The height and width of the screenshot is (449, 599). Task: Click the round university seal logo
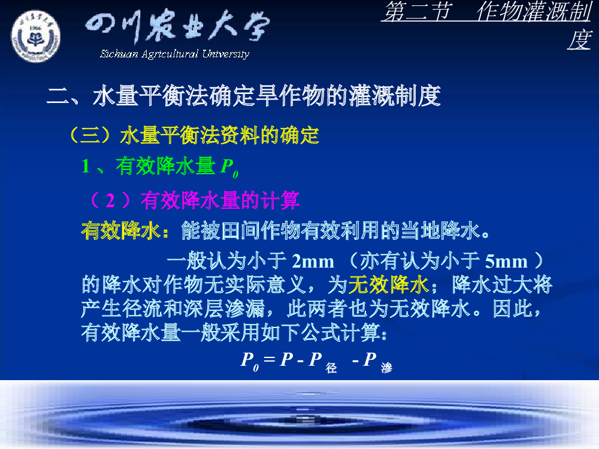[x=35, y=37]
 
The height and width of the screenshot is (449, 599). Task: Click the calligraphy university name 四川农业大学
[x=177, y=26]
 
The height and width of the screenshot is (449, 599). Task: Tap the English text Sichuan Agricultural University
[x=174, y=54]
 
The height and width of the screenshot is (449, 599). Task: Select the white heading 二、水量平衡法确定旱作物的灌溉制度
[x=244, y=96]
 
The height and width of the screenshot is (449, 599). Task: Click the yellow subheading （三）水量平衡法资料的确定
[x=194, y=135]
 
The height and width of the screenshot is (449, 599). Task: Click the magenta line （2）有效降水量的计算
[x=194, y=200]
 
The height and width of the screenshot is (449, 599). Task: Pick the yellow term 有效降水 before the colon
[x=121, y=230]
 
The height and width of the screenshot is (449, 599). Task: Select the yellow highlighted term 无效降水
[x=389, y=285]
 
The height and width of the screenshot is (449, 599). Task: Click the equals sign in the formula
[x=269, y=359]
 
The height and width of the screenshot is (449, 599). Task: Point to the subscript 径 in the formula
[x=331, y=368]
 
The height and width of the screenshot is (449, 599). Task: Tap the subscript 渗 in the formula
[x=386, y=368]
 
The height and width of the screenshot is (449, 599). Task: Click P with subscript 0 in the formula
[x=249, y=361]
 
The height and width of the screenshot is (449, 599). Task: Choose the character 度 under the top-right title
[x=579, y=40]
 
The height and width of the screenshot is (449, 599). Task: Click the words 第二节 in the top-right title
[x=418, y=11]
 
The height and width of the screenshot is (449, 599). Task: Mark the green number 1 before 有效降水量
[x=86, y=166]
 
